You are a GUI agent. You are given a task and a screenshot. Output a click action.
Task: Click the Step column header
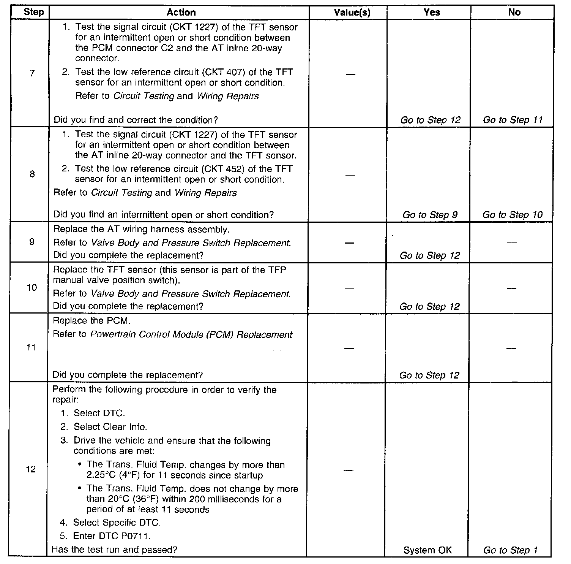33,12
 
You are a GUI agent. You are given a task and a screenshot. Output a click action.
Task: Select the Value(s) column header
352,13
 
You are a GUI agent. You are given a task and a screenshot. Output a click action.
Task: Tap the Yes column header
432,13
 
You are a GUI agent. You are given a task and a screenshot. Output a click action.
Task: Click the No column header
514,13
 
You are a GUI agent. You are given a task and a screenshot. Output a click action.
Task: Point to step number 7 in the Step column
32,73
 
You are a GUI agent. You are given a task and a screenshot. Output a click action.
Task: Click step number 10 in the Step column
32,288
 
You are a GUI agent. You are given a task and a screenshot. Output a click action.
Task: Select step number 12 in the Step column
31,469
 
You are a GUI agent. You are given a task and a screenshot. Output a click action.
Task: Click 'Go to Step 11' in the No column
513,120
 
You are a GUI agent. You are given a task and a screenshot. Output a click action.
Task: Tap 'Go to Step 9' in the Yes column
430,215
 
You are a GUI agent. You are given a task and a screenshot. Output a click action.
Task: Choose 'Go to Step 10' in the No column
513,215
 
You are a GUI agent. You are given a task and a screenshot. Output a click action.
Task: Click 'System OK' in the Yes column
427,550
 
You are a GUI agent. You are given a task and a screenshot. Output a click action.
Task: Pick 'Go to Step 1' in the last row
510,550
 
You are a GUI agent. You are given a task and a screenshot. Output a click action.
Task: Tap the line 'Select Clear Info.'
110,427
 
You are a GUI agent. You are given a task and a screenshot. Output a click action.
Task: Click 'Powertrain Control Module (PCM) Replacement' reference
191,335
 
